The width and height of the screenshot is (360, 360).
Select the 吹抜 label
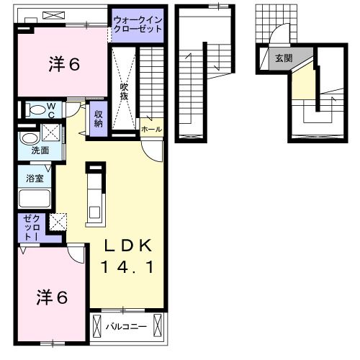tap(124, 90)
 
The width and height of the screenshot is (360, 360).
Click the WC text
tap(51, 110)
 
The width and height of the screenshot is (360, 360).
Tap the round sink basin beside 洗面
tap(28, 138)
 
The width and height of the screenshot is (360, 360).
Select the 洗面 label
tap(39, 151)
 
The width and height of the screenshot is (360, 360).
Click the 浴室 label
tap(34, 177)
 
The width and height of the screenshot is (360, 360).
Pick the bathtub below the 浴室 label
tap(33, 199)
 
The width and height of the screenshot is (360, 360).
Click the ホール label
tap(151, 130)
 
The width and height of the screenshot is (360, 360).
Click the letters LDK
tap(127, 246)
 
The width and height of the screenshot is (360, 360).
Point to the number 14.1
tap(127, 267)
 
